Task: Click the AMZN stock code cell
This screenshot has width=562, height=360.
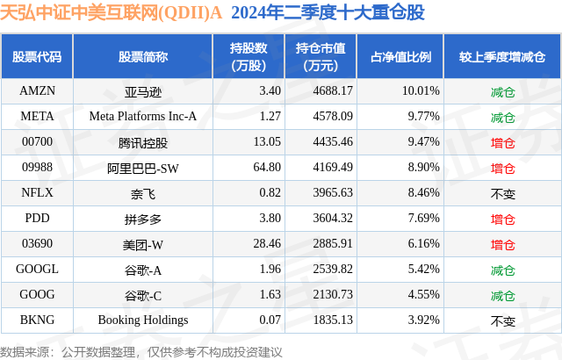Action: point(37,90)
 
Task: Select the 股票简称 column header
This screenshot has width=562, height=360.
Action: point(142,56)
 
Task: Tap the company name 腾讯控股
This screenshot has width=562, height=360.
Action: point(142,141)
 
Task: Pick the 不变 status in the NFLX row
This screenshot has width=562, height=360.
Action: point(502,192)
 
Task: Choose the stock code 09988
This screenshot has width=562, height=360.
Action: point(37,167)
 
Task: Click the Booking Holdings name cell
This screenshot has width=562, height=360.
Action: point(142,320)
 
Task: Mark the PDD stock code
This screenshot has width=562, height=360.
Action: point(37,218)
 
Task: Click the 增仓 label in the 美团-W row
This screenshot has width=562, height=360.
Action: point(502,243)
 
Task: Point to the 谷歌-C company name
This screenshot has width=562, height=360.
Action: point(142,294)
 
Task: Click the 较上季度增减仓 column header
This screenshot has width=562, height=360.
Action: point(502,56)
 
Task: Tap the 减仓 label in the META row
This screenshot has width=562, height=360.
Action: point(502,116)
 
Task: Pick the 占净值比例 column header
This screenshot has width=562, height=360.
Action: point(401,56)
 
